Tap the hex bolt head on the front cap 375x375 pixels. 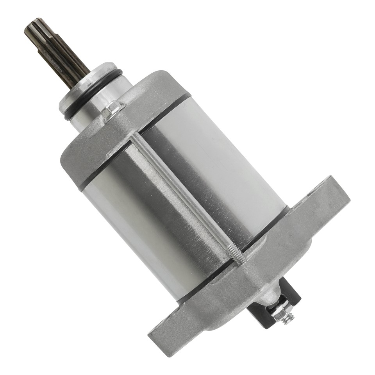click(112, 110)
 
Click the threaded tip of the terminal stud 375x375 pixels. click(289, 319)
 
